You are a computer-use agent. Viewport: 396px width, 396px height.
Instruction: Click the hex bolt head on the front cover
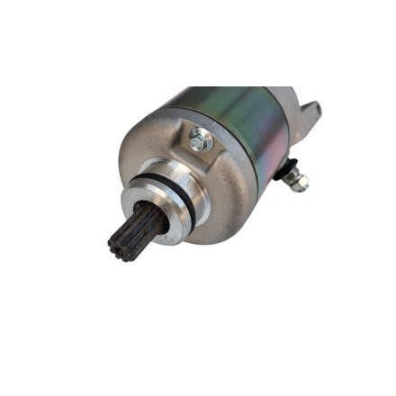point(200,139)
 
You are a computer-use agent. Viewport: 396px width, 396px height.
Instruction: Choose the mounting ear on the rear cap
point(310,112)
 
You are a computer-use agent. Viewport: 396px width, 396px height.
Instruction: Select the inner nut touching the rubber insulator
point(292,175)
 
